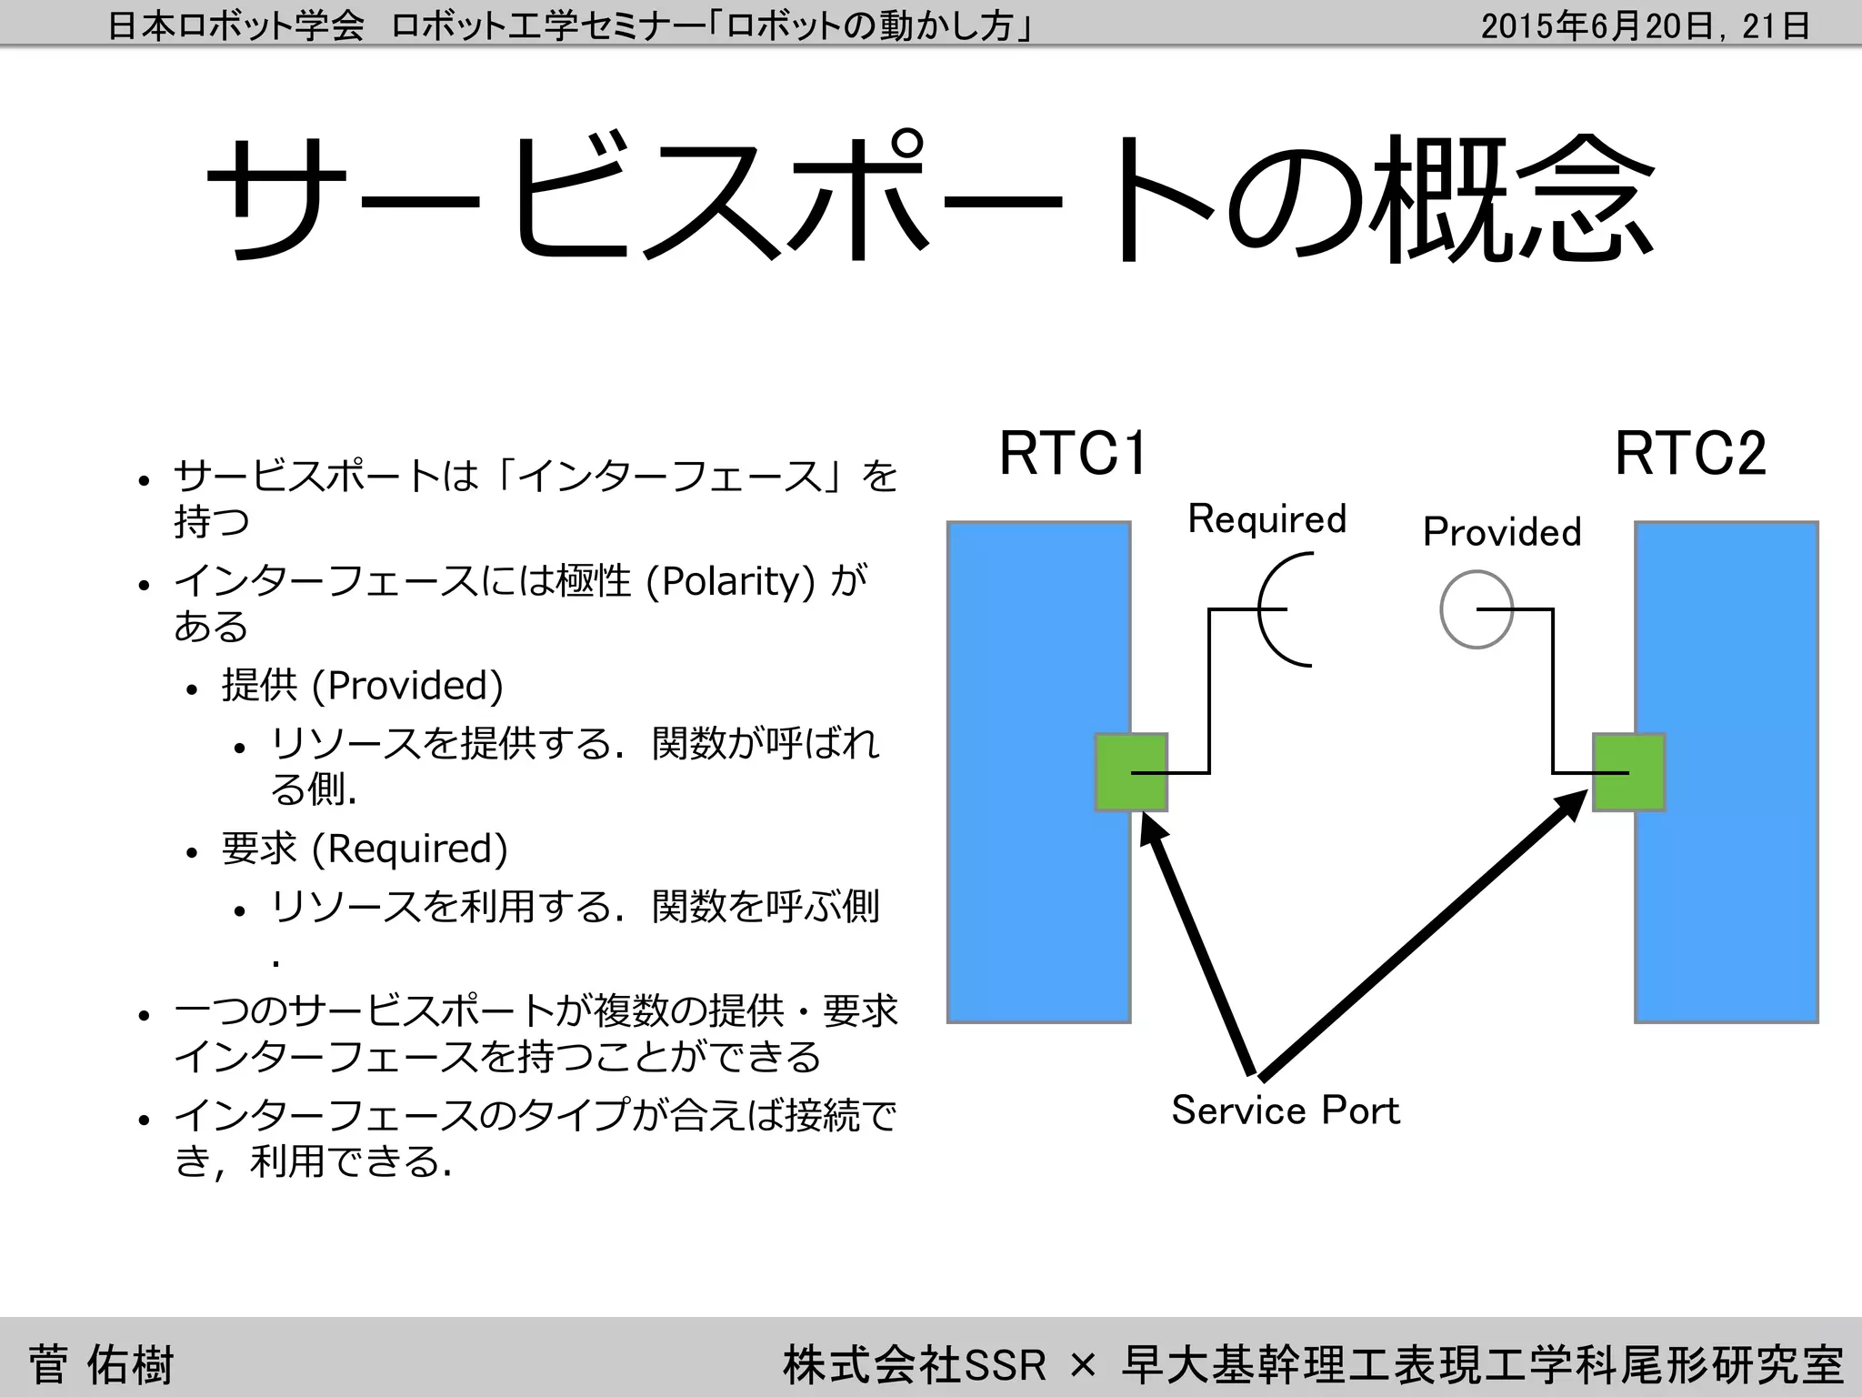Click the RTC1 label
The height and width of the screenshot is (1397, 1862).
pos(1073,454)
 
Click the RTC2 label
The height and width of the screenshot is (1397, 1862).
pos(1690,454)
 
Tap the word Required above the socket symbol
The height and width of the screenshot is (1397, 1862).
pos(1266,519)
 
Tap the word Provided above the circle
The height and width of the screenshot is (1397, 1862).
pos(1502,532)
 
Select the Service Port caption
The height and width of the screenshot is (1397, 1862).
pos(1285,1111)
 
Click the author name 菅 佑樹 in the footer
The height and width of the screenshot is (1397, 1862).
pos(100,1364)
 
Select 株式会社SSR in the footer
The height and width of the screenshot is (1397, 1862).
pos(914,1364)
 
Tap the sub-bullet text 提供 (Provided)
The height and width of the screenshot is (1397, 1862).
pos(362,686)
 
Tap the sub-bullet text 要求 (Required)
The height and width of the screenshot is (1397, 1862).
pos(364,849)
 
